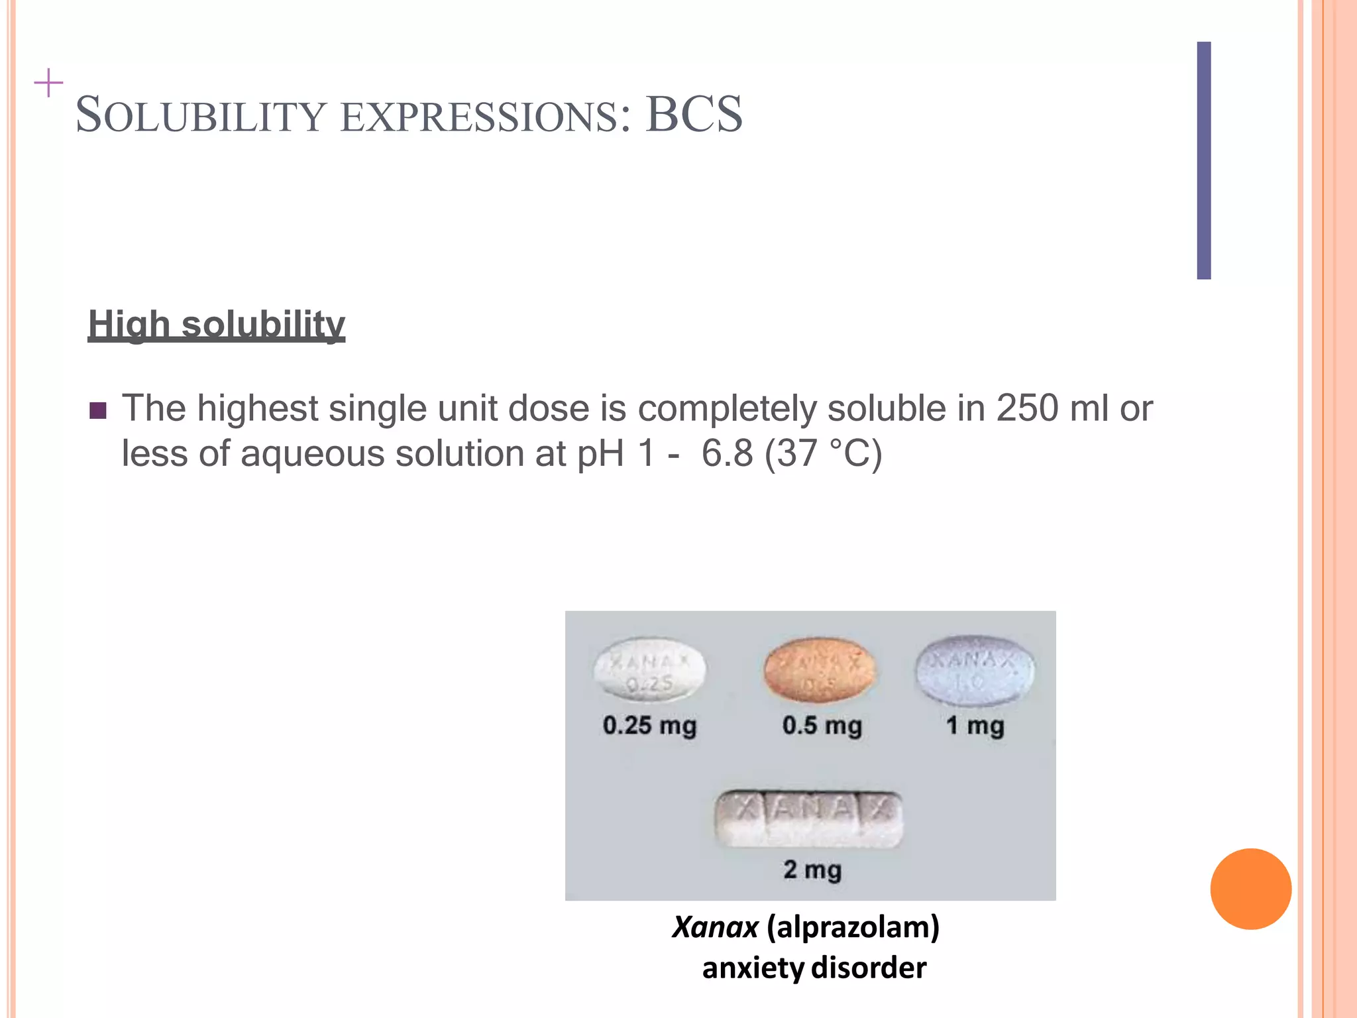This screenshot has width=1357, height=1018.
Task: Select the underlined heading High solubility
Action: pos(216,325)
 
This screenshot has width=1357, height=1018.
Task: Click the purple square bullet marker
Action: pos(98,411)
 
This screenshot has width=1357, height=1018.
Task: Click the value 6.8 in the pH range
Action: pos(727,455)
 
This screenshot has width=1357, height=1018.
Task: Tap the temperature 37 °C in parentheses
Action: pos(823,455)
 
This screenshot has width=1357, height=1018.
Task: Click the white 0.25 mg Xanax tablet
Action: pos(649,670)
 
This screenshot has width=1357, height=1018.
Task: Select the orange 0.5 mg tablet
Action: pos(820,670)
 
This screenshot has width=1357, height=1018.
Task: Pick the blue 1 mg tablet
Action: pos(973,670)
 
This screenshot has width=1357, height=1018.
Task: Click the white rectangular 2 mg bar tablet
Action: pos(808,819)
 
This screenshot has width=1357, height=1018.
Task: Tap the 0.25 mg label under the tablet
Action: pos(649,726)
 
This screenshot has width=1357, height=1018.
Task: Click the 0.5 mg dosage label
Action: pos(822,726)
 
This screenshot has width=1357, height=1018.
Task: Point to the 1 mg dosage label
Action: pos(975,726)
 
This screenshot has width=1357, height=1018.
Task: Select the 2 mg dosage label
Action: pos(812,870)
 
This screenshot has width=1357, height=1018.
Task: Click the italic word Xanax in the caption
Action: pos(715,927)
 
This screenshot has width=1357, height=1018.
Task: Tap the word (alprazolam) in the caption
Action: pos(853,927)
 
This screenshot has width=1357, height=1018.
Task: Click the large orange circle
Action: pos(1250,889)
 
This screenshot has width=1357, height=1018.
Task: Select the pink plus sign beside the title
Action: pos(48,84)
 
